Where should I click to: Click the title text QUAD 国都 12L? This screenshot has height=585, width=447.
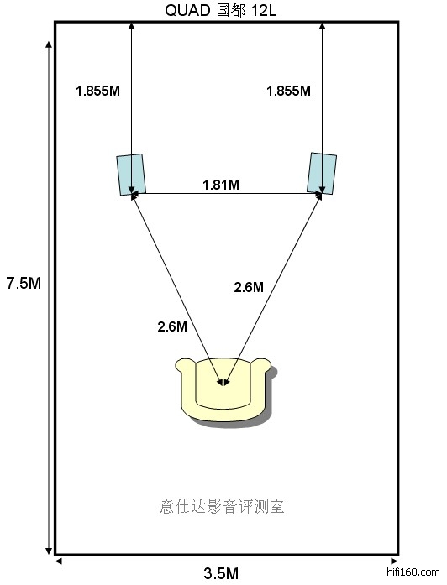pos(221,10)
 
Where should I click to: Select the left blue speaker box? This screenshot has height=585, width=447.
pos(131,175)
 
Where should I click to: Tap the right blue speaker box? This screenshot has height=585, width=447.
pos(322,173)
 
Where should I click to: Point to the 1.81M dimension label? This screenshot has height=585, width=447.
pos(221,185)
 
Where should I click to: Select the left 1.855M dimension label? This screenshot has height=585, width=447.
pos(97,91)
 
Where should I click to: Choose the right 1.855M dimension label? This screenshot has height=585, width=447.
pos(289,91)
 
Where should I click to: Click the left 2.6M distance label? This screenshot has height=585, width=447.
pos(172,326)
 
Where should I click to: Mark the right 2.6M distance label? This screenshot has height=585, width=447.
pos(249,287)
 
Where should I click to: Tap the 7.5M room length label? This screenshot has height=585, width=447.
pos(24,284)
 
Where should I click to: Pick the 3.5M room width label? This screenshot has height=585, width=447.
pos(221,573)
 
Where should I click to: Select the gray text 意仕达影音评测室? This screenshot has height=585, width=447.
pos(222,507)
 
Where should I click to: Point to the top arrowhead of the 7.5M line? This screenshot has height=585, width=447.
pos(49,44)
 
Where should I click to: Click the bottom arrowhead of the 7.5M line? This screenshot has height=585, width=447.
pos(49,551)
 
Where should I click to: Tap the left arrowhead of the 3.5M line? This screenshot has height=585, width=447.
pos(59,561)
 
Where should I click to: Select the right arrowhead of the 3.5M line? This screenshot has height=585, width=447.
pos(394,561)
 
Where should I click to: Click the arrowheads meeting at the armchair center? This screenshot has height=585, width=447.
pos(223,383)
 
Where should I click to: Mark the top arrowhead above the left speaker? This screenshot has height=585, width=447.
pos(131,25)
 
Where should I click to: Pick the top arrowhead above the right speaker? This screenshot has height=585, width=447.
pos(322,25)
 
